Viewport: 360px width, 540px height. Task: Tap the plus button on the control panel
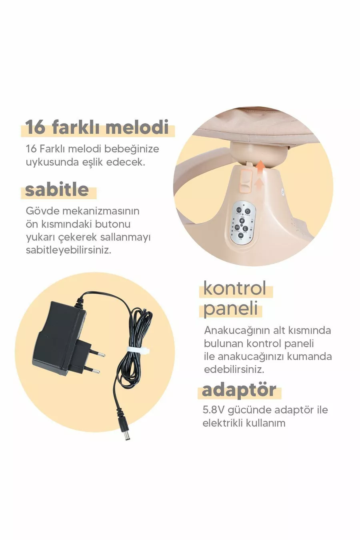(242, 220)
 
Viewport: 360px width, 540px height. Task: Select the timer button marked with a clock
(245, 228)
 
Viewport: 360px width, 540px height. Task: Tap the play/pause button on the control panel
(237, 227)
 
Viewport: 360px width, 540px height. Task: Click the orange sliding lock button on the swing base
(244, 181)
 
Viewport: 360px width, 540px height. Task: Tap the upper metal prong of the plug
(98, 354)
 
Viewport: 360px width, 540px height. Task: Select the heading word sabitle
(57, 189)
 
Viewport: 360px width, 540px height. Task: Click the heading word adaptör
(239, 390)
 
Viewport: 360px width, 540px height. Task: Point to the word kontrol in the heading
(235, 288)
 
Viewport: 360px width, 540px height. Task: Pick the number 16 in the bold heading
(35, 127)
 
